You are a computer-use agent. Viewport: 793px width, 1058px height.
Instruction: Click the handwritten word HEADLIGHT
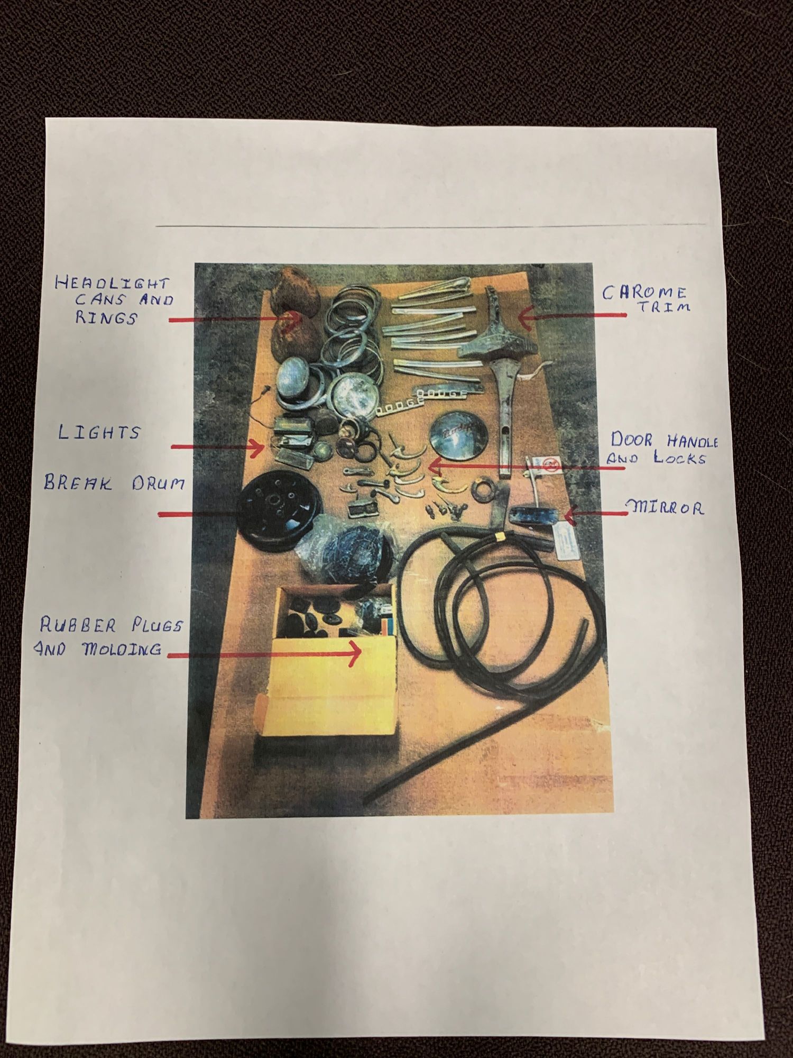pyautogui.click(x=112, y=283)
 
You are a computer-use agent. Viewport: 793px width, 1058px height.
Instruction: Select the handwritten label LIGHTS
pyautogui.click(x=99, y=432)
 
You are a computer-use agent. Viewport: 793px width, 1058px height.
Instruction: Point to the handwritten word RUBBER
pyautogui.click(x=78, y=626)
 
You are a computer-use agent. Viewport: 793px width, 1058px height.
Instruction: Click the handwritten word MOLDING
pyautogui.click(x=122, y=649)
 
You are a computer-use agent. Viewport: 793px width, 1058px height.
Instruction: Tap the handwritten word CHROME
pyautogui.click(x=644, y=293)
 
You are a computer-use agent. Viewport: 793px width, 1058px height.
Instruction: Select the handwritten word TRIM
pyautogui.click(x=664, y=307)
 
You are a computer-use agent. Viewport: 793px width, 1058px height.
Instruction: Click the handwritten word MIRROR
pyautogui.click(x=666, y=509)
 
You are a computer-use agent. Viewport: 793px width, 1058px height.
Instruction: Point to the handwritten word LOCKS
pyautogui.click(x=680, y=458)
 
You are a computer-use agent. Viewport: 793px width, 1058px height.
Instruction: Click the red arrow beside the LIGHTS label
pyautogui.click(x=218, y=448)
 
